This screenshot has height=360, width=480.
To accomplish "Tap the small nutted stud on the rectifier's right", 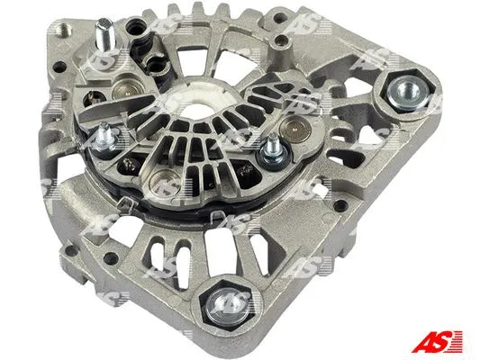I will click(269, 153).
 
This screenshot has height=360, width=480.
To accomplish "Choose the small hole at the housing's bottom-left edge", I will click(60, 244).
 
